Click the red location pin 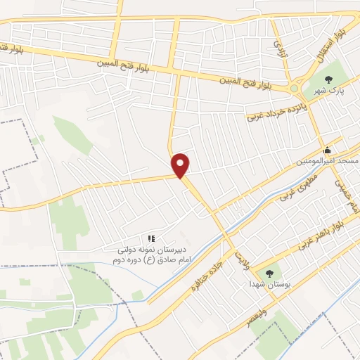(181, 165)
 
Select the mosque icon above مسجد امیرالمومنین (326, 150)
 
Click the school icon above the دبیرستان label (150, 239)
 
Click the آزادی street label (280, 47)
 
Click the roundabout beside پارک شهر (293, 89)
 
